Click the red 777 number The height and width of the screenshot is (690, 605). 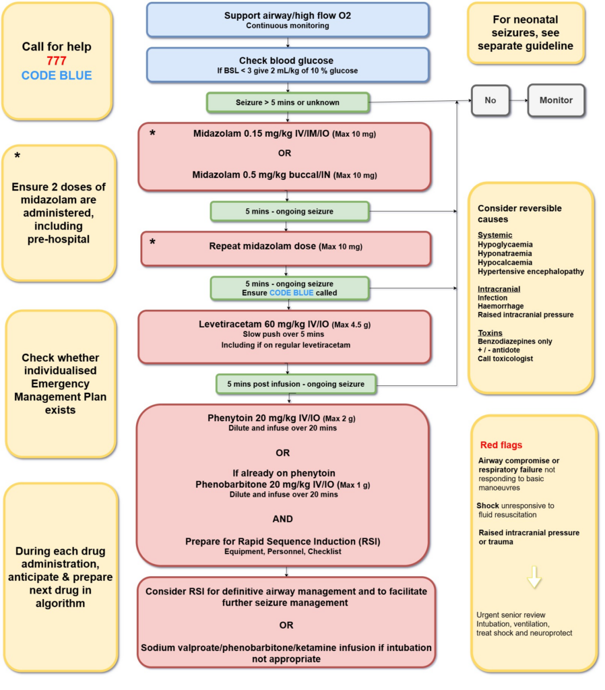(x=57, y=61)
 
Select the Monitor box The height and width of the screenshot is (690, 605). (x=556, y=100)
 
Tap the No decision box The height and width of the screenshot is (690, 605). (x=490, y=100)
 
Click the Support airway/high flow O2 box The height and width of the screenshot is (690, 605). (x=288, y=20)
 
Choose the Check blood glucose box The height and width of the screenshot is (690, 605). (x=288, y=65)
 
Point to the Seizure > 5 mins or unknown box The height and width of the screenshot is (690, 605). (x=288, y=102)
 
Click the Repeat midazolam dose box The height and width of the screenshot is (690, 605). (x=286, y=247)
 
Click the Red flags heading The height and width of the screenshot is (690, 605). (x=501, y=445)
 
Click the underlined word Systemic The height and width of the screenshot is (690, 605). (x=495, y=235)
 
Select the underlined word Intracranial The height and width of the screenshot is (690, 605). (x=499, y=288)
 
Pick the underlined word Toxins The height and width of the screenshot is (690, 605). (x=490, y=332)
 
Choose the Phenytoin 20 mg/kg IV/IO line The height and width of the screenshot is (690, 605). (x=282, y=418)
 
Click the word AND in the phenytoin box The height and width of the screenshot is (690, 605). (x=283, y=519)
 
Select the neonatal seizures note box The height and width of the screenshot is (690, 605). (x=526, y=33)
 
